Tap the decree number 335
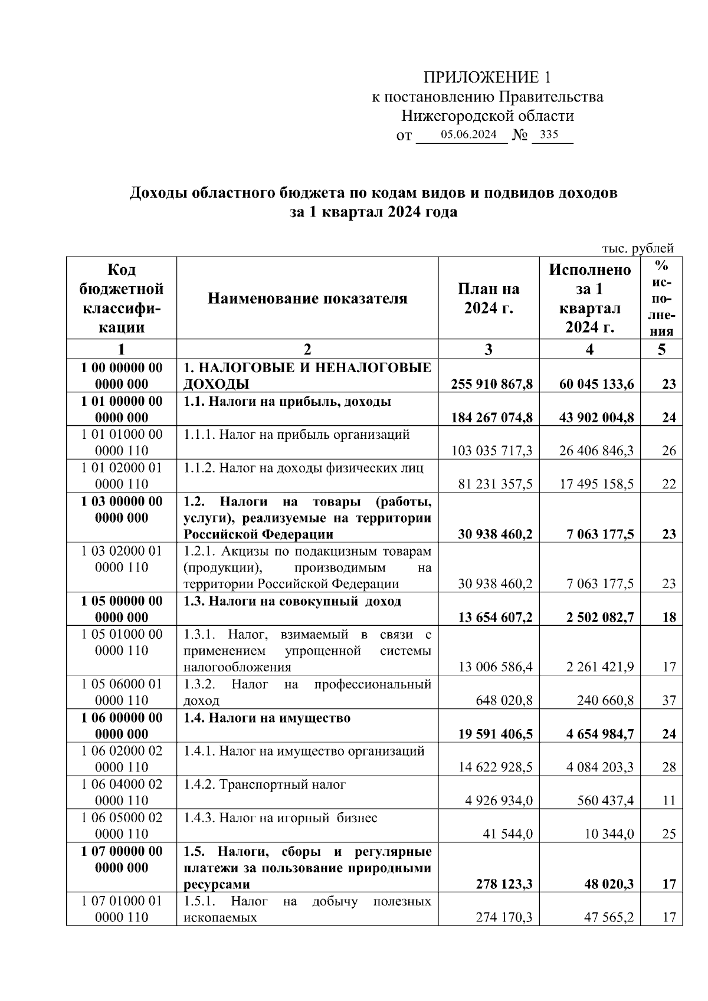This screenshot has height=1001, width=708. (549, 134)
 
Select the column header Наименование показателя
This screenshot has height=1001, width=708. (307, 298)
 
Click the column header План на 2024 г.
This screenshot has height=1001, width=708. (489, 298)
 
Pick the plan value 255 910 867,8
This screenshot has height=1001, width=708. (492, 385)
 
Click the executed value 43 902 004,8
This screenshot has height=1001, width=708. (596, 418)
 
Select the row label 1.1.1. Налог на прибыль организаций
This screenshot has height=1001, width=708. (297, 435)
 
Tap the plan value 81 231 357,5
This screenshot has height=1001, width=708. (496, 484)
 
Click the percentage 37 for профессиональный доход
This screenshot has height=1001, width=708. (668, 701)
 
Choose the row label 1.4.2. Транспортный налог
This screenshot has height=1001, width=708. (264, 785)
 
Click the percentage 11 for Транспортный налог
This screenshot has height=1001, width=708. (668, 801)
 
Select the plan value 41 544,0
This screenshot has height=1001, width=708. (508, 834)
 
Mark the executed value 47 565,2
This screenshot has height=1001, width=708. (608, 918)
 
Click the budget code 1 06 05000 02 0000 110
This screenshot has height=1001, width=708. (122, 826)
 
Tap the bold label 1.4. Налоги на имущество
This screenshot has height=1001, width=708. (267, 718)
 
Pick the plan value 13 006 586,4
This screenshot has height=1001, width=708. (496, 667)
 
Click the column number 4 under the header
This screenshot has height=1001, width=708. (589, 349)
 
